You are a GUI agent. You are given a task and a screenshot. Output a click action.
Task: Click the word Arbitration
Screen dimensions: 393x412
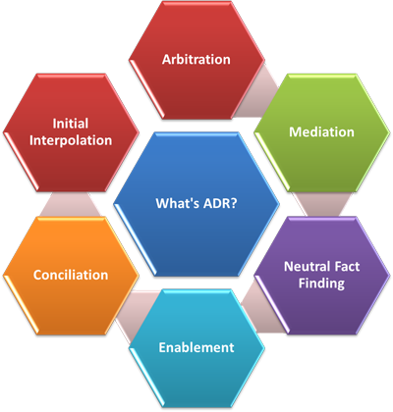tap(196, 60)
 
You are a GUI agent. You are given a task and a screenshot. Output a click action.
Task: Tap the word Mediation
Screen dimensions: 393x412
tap(321, 132)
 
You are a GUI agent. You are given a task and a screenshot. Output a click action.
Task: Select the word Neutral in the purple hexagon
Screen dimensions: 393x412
tap(304, 267)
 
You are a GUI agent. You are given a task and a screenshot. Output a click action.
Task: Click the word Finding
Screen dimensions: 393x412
tap(321, 283)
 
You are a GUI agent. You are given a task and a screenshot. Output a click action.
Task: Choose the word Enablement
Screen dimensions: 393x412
tap(196, 347)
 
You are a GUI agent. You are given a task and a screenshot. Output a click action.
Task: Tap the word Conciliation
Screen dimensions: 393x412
tap(71, 275)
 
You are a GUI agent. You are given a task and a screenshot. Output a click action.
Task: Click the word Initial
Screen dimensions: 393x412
tap(71, 124)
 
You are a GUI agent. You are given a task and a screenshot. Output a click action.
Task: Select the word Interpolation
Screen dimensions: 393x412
tap(71, 140)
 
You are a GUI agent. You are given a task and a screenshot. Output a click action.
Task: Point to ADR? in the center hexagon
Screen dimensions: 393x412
tap(220, 203)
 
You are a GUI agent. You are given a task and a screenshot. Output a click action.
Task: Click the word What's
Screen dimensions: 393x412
tap(178, 203)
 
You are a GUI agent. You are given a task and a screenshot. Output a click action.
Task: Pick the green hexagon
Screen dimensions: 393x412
tap(322, 132)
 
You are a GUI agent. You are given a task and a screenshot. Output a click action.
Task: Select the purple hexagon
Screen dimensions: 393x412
tap(322, 275)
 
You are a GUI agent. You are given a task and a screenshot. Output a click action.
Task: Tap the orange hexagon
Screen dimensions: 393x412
tap(71, 276)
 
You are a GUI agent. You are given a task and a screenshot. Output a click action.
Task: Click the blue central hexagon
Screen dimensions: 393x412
tap(196, 204)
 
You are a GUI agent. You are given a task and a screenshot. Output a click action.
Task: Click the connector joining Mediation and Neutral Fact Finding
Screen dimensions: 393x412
tap(322, 204)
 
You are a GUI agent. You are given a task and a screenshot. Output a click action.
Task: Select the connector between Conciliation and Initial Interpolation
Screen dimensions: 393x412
tap(71, 204)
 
